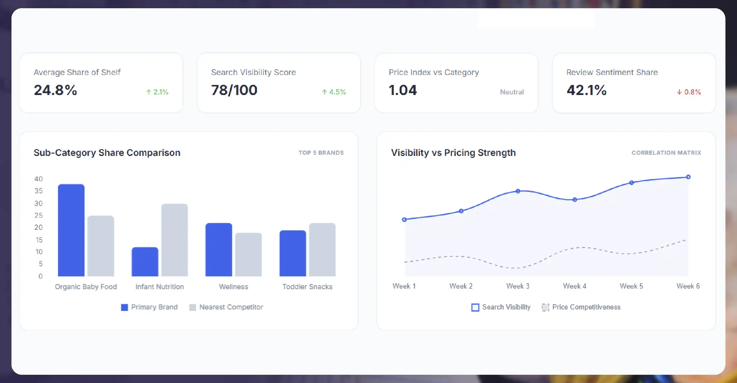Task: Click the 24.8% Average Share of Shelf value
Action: (55, 90)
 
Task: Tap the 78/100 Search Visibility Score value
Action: (234, 90)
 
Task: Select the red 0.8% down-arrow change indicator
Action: (689, 92)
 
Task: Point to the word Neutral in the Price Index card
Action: (512, 92)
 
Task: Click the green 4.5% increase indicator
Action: (334, 92)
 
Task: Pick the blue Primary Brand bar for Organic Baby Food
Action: (71, 230)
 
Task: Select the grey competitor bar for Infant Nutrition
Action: (174, 240)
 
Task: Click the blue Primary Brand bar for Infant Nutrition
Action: (145, 262)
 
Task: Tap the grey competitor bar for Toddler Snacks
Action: (322, 249)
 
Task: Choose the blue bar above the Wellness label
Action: (219, 249)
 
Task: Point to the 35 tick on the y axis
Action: (39, 191)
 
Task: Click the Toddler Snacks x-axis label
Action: (307, 287)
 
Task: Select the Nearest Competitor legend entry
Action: (226, 307)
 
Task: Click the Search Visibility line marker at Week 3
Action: (518, 191)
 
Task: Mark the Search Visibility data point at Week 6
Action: (688, 177)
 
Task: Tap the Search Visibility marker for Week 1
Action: (404, 219)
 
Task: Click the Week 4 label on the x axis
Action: (574, 286)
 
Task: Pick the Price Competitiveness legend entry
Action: (581, 307)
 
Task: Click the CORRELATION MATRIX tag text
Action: (666, 153)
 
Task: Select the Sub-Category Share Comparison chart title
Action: (107, 153)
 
